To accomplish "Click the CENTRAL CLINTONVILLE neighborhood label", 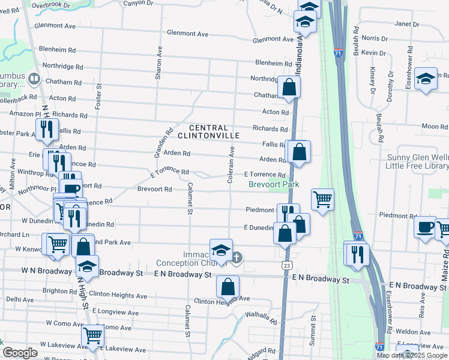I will (208, 132).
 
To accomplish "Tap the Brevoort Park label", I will (274, 185).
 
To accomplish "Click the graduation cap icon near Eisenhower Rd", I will (426, 79).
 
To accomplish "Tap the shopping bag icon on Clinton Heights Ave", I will (228, 287).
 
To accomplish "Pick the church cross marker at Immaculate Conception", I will (237, 258).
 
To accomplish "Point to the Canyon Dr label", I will (139, 3).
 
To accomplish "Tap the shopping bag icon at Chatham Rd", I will (289, 86).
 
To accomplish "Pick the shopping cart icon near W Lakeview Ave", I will (92, 336).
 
